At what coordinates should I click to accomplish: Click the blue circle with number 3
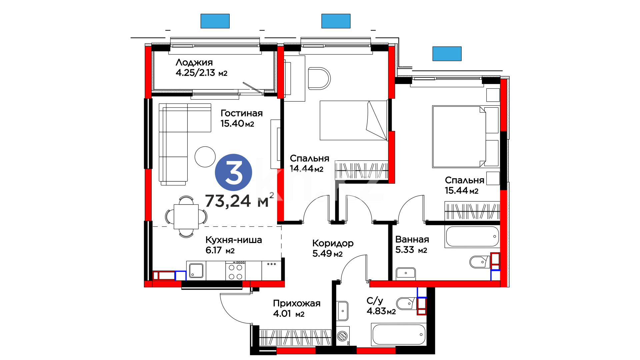[x=233, y=172]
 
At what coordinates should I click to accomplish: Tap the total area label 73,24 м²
[x=239, y=200]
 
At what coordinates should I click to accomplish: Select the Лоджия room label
[x=194, y=62]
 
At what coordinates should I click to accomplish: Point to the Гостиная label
[x=242, y=113]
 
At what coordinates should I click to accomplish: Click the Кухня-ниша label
[x=234, y=240]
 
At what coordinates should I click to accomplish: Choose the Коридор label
[x=333, y=243]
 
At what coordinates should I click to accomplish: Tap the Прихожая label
[x=297, y=303]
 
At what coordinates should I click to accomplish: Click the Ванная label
[x=412, y=239]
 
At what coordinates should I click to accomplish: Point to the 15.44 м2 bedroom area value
[x=462, y=190]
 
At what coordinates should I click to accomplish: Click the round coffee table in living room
[x=205, y=157]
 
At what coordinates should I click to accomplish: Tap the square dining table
[x=186, y=217]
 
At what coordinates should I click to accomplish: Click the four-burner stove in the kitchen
[x=235, y=271]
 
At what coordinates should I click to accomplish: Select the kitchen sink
[x=196, y=271]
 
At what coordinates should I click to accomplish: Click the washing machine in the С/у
[x=343, y=336]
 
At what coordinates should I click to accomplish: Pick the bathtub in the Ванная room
[x=472, y=236]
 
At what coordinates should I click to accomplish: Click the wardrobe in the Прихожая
[x=295, y=338]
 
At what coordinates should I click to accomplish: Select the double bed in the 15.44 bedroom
[x=466, y=137]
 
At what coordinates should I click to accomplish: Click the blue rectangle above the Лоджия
[x=215, y=21]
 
